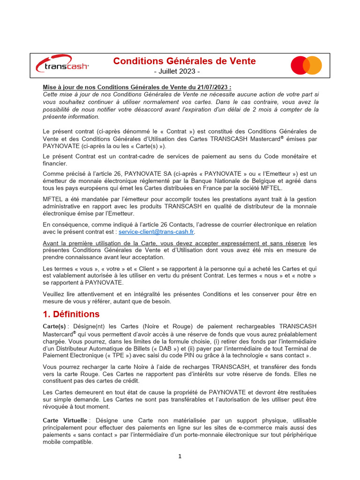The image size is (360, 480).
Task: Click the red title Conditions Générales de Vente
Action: point(184,61)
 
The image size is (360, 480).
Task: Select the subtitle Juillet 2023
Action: point(177,72)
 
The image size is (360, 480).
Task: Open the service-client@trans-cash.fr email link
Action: point(157,232)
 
